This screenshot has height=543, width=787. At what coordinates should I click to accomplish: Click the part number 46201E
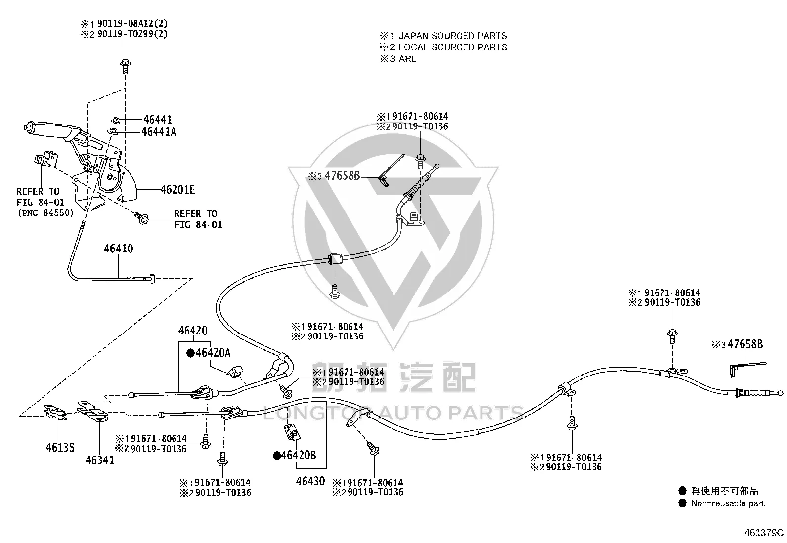(x=178, y=190)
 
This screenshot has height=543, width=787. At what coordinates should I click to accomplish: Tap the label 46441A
(x=159, y=132)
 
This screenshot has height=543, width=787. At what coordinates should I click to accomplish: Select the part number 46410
(x=119, y=249)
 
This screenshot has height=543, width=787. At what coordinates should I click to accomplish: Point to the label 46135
(x=60, y=448)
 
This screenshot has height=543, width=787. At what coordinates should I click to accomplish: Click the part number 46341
(x=100, y=460)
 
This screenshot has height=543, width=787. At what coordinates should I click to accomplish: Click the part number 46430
(x=310, y=481)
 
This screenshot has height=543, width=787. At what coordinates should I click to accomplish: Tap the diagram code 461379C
(x=764, y=533)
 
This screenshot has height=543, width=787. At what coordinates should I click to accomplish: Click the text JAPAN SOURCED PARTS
(x=453, y=36)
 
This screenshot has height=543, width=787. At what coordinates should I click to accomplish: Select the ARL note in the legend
(x=407, y=59)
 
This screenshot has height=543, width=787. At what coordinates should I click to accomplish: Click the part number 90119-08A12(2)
(x=132, y=24)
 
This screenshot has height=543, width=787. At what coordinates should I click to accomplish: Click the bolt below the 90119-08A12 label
(x=126, y=66)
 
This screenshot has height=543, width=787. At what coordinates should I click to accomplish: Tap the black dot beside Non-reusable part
(x=682, y=503)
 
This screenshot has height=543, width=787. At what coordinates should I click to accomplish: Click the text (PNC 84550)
(x=45, y=213)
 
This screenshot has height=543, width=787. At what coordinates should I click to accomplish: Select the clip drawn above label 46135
(x=55, y=413)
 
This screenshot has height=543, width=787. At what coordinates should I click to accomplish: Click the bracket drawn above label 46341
(x=93, y=411)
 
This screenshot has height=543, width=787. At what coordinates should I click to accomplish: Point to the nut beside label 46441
(x=116, y=120)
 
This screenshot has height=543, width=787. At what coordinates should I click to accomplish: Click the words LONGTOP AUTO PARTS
(x=393, y=413)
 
